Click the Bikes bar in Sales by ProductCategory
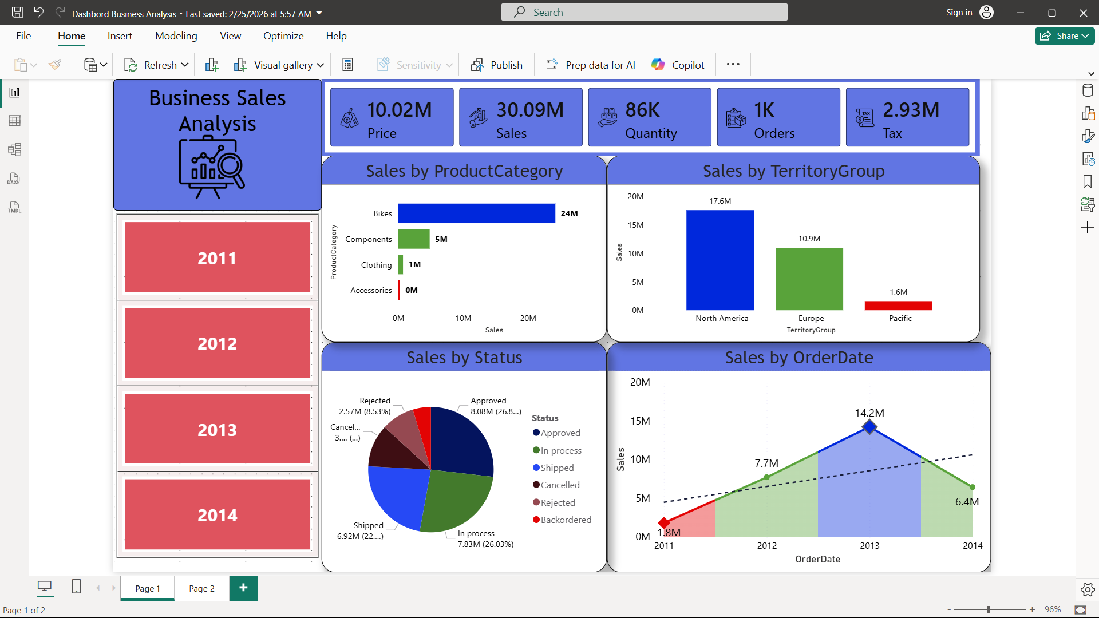pos(476,213)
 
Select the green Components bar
pos(413,239)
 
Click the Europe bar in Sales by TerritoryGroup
pos(809,279)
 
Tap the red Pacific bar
pos(898,306)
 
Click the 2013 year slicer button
pos(217,429)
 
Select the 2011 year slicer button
pos(217,257)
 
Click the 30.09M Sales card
pos(520,117)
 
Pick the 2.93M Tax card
pos(907,117)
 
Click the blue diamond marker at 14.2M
pos(869,427)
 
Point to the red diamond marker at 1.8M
pos(664,522)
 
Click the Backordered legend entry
pos(565,520)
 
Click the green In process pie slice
pos(455,498)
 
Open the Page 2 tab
pos(201,588)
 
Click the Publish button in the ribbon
pos(496,65)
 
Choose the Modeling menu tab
pos(176,36)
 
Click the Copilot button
pos(678,65)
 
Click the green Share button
pos(1064,36)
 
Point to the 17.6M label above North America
pos(720,201)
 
